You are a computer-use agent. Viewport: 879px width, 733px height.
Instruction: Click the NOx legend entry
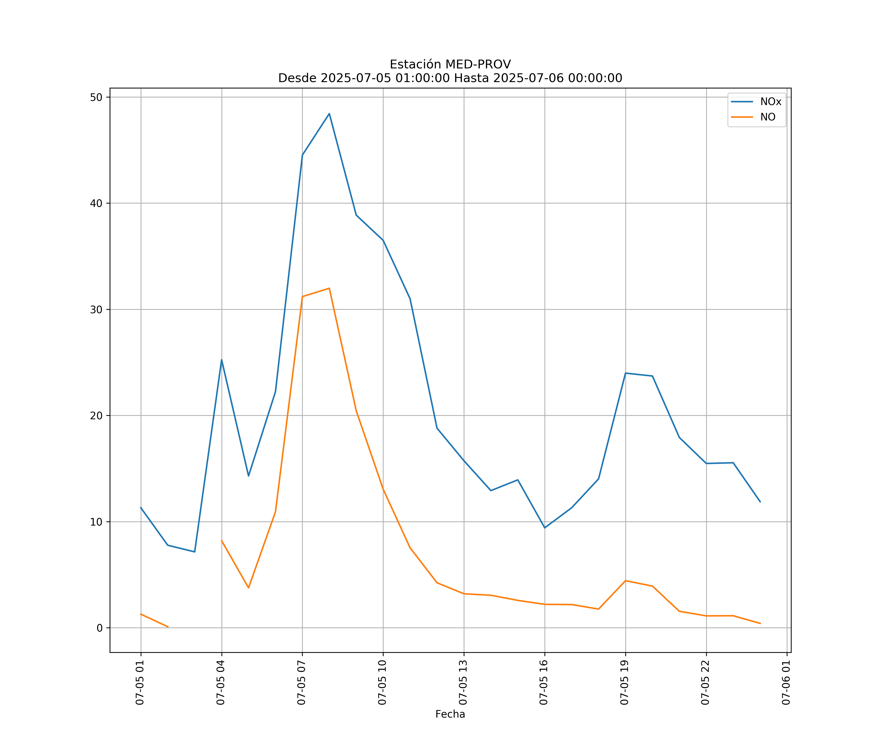tap(770, 102)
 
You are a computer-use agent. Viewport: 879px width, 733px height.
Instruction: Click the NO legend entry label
tap(768, 117)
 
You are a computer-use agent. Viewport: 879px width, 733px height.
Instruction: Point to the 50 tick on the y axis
tap(96, 97)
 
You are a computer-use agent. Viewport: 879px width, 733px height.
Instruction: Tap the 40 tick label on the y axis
tap(96, 204)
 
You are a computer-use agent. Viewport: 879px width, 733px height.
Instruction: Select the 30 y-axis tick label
tap(96, 310)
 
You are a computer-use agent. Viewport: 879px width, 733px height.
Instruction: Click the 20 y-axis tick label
tap(96, 416)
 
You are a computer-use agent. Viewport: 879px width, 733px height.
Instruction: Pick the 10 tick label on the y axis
tap(96, 522)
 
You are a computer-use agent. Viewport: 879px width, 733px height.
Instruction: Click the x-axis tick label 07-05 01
tap(140, 683)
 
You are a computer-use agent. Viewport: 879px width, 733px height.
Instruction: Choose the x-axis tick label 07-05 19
tap(625, 683)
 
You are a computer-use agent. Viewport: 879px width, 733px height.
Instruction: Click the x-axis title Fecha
tap(450, 714)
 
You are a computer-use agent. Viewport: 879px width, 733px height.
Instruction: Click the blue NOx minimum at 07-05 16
tap(544, 528)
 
